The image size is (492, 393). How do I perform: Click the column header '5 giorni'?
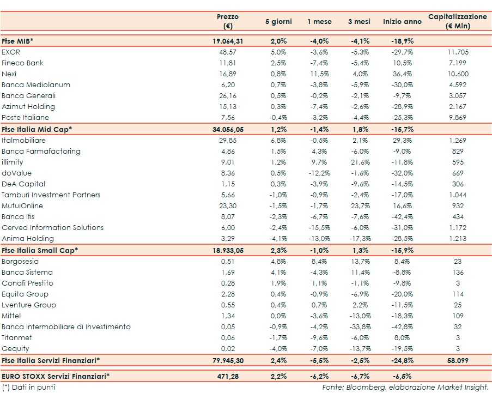278,21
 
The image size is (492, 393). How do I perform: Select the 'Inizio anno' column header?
402,21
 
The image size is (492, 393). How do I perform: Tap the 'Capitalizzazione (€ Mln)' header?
457,21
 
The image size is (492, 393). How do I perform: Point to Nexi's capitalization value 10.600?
457,74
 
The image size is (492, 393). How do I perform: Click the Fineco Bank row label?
23,63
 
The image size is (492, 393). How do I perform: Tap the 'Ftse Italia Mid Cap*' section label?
37,129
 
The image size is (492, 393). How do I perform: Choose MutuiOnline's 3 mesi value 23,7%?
359,205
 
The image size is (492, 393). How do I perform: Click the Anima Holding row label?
28,238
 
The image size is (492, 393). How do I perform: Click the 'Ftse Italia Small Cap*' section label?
40,250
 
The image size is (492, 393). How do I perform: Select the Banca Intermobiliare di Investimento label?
66,327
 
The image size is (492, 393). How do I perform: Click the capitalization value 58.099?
457,360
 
